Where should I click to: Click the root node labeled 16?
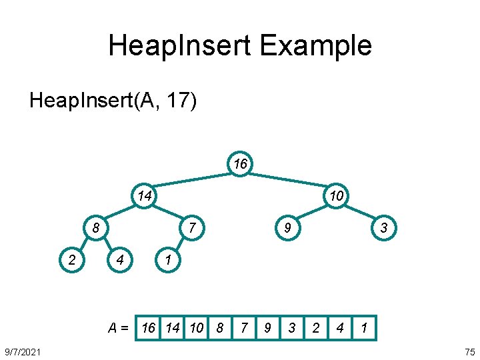click(x=239, y=163)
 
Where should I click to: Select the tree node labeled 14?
click(x=144, y=195)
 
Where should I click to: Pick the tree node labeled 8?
click(x=97, y=229)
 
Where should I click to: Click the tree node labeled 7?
click(x=191, y=229)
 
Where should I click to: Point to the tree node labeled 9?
click(x=287, y=229)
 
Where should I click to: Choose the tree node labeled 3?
click(x=383, y=229)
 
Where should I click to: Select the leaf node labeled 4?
click(x=120, y=260)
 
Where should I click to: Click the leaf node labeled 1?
click(x=168, y=260)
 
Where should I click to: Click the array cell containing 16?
click(x=148, y=327)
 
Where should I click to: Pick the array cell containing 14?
click(x=173, y=327)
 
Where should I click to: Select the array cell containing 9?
click(x=267, y=327)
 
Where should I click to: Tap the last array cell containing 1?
click(x=364, y=327)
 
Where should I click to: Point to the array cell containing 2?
click(x=316, y=327)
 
